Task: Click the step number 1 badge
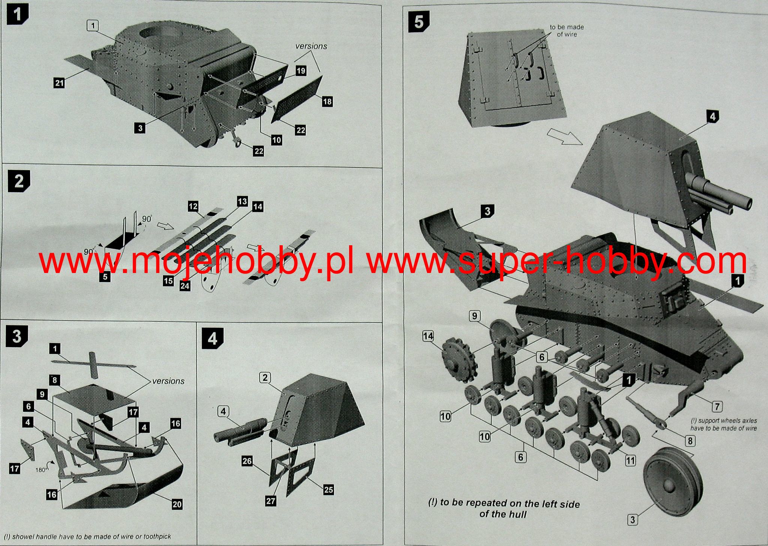click(x=17, y=15)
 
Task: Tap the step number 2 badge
click(x=19, y=181)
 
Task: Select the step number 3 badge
click(x=16, y=336)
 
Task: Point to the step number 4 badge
click(x=212, y=339)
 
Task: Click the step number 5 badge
click(x=419, y=21)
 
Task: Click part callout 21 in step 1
click(x=59, y=82)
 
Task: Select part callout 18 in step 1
click(x=327, y=101)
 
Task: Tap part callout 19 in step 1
click(x=301, y=70)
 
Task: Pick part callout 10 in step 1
click(x=276, y=140)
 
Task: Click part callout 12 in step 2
click(x=193, y=206)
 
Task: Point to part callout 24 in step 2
click(x=185, y=286)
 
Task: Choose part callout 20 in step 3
click(x=177, y=504)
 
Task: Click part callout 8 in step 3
click(x=55, y=380)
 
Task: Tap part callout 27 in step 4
click(x=271, y=501)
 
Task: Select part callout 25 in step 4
click(x=328, y=490)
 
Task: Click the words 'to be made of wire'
click(x=567, y=31)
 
